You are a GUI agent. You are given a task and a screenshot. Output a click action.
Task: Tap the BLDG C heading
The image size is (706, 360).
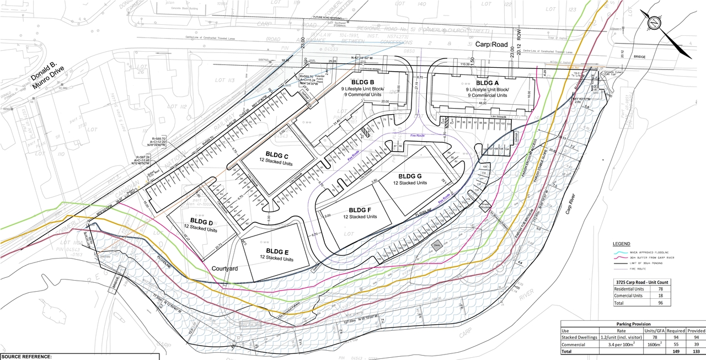[277, 154]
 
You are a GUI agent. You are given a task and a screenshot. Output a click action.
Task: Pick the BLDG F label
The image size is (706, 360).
[360, 210]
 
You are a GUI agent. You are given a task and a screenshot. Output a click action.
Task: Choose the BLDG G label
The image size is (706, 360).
[409, 175]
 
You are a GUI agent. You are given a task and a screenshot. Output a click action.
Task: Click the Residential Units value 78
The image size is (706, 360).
[660, 288]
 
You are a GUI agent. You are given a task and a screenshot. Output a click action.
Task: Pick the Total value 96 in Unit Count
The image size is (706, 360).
[660, 303]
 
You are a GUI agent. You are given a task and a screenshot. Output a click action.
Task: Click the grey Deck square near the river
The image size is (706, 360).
[436, 246]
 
